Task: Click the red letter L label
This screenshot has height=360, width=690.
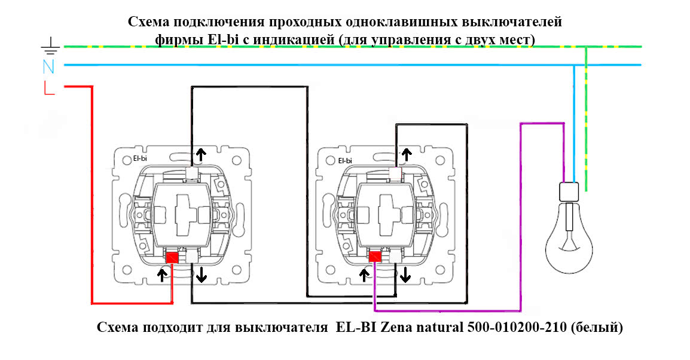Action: [48, 88]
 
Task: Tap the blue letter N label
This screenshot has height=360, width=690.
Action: [49, 67]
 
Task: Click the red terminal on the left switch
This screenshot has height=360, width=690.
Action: [172, 257]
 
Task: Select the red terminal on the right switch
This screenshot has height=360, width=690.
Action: [375, 257]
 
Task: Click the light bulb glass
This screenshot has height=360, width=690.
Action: [569, 239]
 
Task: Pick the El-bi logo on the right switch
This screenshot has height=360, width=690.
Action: [345, 160]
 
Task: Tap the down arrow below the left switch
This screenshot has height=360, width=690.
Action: [201, 274]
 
